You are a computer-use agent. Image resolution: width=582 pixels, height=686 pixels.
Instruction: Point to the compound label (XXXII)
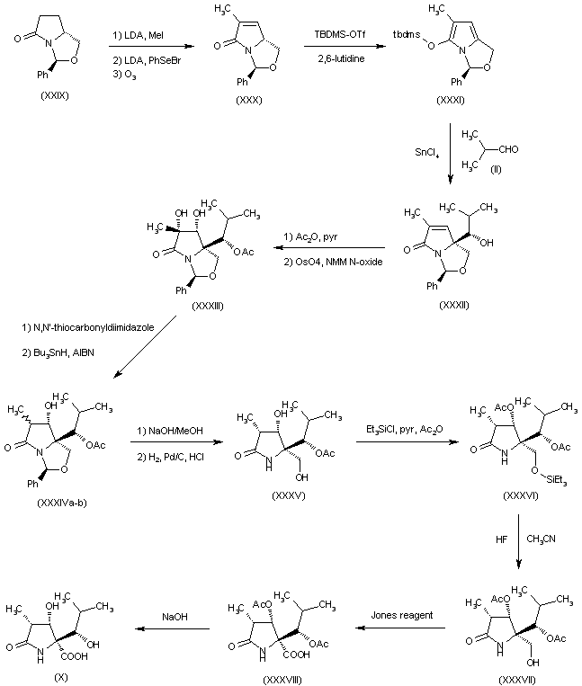pos(454,305)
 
